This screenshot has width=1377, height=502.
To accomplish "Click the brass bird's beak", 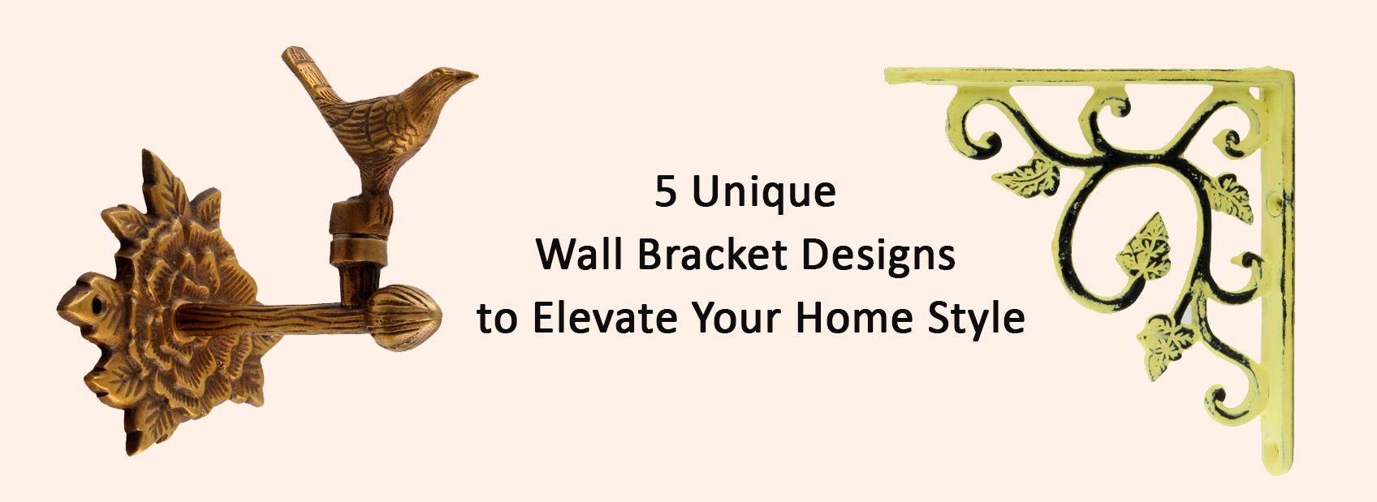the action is pyautogui.click(x=464, y=77).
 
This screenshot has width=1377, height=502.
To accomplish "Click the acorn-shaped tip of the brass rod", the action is pyautogui.click(x=405, y=317).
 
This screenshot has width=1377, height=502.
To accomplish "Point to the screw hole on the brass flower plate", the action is pyautogui.click(x=97, y=303).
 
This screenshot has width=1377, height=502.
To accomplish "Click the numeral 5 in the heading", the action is pyautogui.click(x=666, y=192).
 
